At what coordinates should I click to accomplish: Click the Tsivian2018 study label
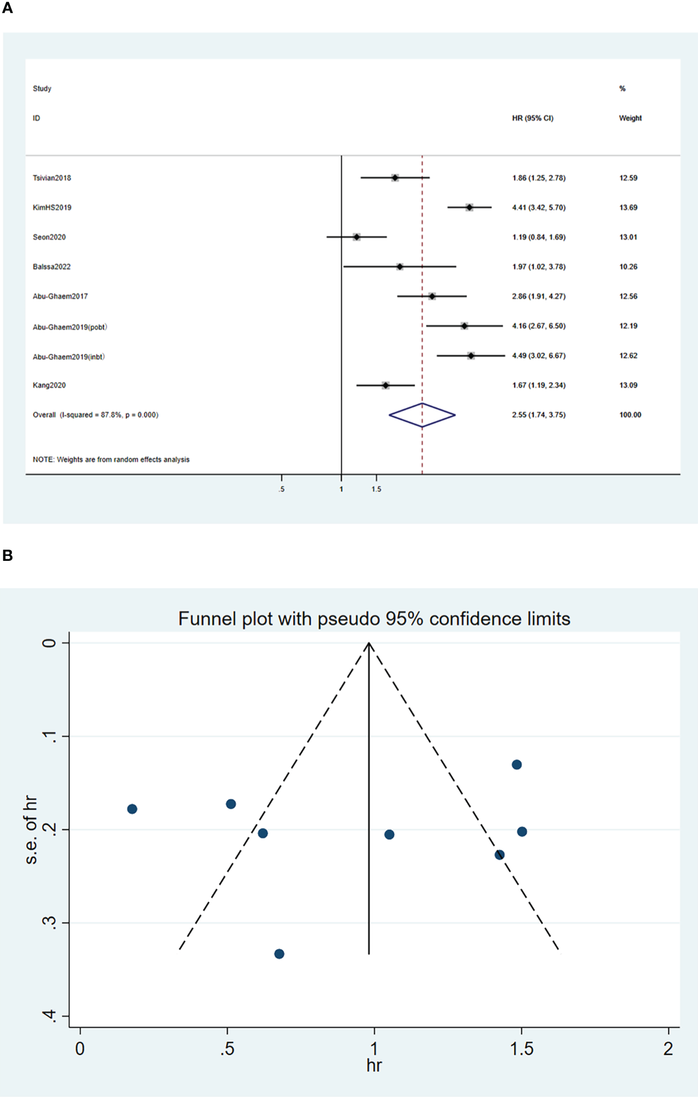point(52,178)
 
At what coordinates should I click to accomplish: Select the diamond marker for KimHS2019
point(469,208)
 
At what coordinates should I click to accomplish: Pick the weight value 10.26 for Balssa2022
point(628,267)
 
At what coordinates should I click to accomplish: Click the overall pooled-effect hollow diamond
point(422,415)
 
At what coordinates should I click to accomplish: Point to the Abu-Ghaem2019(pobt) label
point(70,327)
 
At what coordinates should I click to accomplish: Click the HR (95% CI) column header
point(533,118)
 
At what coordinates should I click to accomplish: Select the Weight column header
point(630,118)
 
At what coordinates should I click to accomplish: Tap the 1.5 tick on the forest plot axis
point(376,489)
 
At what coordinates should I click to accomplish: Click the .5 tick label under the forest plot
point(281,489)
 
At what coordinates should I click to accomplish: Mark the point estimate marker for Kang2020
point(385,385)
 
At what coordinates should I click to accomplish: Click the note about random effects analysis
point(111,460)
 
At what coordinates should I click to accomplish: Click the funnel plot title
point(374,619)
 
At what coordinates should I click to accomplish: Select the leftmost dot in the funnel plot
point(132,809)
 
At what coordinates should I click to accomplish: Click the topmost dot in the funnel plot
point(516,765)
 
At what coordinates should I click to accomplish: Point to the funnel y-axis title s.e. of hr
point(31,830)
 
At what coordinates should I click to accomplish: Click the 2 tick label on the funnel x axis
point(668,1049)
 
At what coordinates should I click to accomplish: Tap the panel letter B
point(8,555)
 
